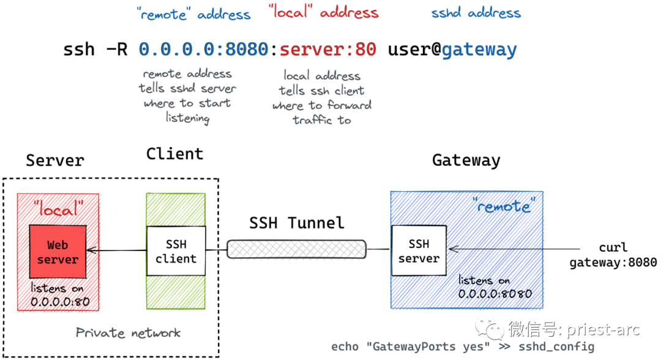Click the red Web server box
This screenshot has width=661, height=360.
tap(58, 252)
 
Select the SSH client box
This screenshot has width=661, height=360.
tap(176, 251)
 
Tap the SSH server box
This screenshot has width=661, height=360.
tap(419, 250)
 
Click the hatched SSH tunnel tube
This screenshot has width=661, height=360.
tap(296, 249)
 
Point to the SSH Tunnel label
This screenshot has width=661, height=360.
tap(296, 223)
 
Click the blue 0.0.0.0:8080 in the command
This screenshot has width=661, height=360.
tap(204, 50)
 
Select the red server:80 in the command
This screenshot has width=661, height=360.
tap(328, 50)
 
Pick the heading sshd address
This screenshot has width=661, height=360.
tap(476, 13)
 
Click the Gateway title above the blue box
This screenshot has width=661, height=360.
tap(466, 160)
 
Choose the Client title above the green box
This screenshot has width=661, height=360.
tap(174, 154)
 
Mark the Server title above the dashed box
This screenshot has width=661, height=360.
tap(55, 160)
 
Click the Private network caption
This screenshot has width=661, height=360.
tap(128, 333)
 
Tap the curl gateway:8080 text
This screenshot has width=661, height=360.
tap(613, 255)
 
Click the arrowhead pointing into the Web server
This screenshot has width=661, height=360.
tap(90, 250)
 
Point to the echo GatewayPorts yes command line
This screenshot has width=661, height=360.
tap(463, 347)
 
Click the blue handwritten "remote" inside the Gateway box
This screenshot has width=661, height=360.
tap(504, 206)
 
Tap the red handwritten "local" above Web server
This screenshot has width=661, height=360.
tap(58, 209)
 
